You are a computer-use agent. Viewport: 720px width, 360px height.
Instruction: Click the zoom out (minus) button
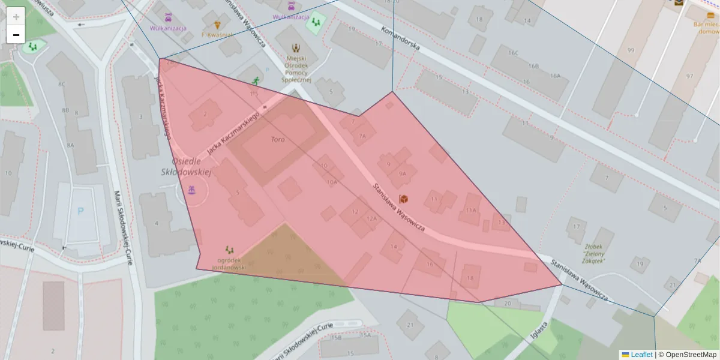pos(16,35)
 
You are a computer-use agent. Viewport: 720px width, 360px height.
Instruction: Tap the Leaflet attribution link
pos(641,355)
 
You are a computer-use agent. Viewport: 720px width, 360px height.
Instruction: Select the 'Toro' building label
pos(277,139)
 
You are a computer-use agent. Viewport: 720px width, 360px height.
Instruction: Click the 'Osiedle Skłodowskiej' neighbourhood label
pos(187,167)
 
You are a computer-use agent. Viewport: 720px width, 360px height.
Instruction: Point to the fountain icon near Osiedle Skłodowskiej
pos(191,191)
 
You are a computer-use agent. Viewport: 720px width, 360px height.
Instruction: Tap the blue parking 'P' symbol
pos(81,211)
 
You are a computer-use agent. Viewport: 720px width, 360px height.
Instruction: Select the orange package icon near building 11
pos(404,199)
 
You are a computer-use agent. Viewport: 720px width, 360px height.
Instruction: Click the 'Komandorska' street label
pos(400,38)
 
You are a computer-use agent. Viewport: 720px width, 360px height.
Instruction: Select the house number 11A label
pos(470,210)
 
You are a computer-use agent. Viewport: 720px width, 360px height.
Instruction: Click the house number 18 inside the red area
pos(470,278)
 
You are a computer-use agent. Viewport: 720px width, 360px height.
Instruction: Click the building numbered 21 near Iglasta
pos(410,325)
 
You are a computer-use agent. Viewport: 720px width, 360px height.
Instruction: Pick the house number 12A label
pos(372,218)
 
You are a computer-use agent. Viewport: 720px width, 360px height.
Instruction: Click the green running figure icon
pos(256,80)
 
